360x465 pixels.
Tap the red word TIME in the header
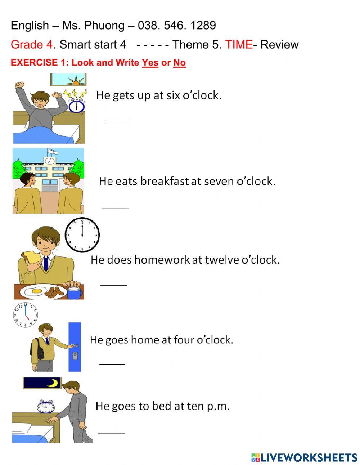pyautogui.click(x=239, y=45)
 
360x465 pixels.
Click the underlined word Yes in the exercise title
pyautogui.click(x=150, y=63)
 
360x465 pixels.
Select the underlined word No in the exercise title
pyautogui.click(x=179, y=63)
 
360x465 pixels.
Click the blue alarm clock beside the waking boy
pyautogui.click(x=77, y=106)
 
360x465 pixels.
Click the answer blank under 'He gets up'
pyautogui.click(x=118, y=120)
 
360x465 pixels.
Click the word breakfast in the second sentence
pyautogui.click(x=165, y=181)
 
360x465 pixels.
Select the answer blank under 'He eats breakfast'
pyautogui.click(x=115, y=208)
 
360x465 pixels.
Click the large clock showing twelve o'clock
pyautogui.click(x=82, y=234)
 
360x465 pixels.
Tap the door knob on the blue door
pyautogui.click(x=75, y=346)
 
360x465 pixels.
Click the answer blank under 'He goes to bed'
pyautogui.click(x=112, y=432)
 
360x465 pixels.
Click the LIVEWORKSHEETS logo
pyautogui.click(x=304, y=457)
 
